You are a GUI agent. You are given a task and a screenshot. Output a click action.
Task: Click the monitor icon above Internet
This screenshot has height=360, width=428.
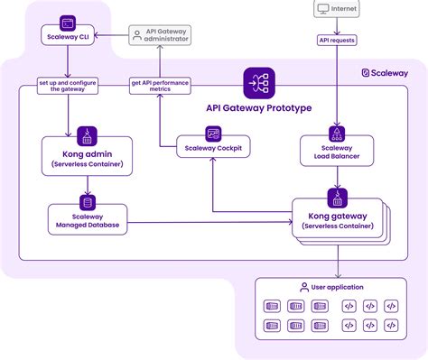coord(321,9)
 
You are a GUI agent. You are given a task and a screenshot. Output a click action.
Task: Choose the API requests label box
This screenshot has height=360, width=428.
coord(337,40)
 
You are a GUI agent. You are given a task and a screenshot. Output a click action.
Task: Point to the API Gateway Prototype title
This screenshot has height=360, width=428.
coord(259,107)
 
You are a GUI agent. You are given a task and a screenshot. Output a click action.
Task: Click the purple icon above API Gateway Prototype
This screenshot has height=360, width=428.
coord(256,83)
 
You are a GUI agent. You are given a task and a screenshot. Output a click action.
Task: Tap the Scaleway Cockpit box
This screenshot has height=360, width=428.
coord(212,148)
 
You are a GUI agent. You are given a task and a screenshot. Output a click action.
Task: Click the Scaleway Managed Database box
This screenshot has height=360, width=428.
coord(88,218)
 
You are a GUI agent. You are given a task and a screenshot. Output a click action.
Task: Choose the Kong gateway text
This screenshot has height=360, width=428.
coord(337,217)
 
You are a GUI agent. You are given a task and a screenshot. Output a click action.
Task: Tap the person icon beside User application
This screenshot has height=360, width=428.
coord(304,287)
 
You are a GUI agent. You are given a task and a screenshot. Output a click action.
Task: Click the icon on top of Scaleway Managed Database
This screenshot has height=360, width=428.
coord(88,203)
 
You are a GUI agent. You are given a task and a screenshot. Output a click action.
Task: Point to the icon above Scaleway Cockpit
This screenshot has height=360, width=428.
coord(213,133)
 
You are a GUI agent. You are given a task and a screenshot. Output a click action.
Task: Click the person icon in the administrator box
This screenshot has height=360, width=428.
coord(137,34)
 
